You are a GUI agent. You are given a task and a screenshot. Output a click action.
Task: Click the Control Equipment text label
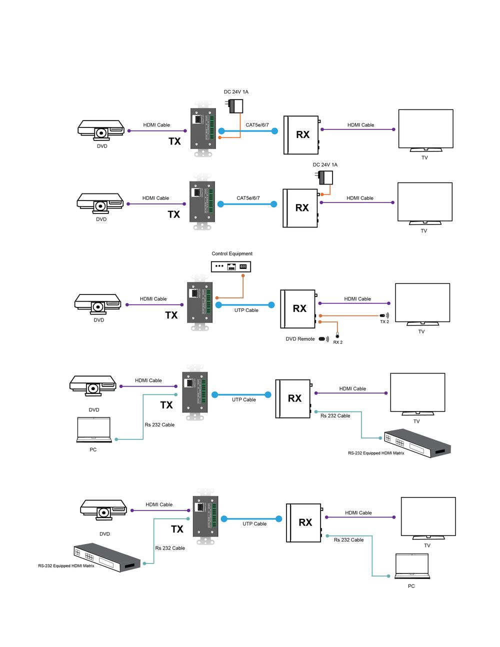(x=232, y=253)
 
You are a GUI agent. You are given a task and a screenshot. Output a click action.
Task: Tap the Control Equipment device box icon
(x=230, y=266)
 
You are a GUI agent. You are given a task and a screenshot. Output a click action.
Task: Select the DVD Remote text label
(x=300, y=339)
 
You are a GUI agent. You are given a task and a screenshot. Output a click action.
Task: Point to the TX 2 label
(x=384, y=322)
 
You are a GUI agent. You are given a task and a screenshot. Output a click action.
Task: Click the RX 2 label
(x=338, y=342)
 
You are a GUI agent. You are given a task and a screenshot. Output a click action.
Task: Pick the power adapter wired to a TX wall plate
(x=234, y=106)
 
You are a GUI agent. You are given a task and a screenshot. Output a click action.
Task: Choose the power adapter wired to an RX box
(x=325, y=178)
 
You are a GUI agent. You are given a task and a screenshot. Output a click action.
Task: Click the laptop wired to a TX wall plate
(x=93, y=430)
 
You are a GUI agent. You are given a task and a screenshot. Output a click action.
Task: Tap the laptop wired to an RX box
(x=412, y=566)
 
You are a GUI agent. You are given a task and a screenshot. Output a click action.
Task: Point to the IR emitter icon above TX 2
(x=384, y=316)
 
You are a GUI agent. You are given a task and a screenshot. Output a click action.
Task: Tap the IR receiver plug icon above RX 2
(x=337, y=335)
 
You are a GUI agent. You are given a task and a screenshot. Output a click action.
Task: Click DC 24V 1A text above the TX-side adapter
(x=236, y=92)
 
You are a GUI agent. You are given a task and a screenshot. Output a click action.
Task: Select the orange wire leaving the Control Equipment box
(x=243, y=287)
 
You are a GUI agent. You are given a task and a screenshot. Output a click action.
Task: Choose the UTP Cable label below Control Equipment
(x=246, y=310)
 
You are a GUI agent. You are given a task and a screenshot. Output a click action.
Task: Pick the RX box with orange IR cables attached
(x=298, y=308)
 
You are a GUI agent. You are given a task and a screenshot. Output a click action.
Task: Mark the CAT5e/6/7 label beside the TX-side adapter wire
(x=257, y=125)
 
